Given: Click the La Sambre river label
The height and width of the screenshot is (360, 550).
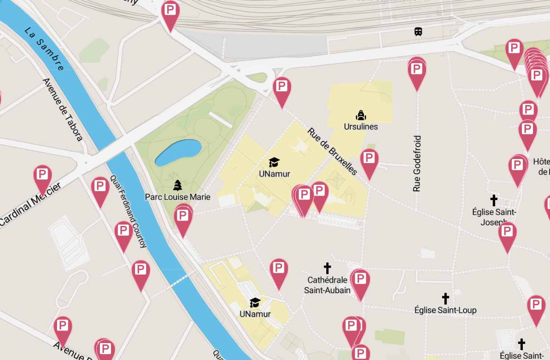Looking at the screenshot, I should coord(44,49).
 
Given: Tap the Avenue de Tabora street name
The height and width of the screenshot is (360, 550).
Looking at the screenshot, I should coord(62,110).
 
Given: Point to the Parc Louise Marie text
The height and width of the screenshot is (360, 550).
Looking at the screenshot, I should coord(177,196).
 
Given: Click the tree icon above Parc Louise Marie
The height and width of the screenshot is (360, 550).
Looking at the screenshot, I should coord(178,185).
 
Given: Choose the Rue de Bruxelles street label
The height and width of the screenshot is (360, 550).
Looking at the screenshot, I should coord(332,151).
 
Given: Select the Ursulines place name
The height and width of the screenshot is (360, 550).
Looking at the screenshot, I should coord(361,127).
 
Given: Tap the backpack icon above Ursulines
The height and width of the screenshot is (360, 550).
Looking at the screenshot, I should coord(361,115).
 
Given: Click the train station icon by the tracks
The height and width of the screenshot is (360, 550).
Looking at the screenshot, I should coord(418,32).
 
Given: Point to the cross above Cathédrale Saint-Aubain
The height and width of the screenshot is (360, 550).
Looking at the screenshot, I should coord(327,268).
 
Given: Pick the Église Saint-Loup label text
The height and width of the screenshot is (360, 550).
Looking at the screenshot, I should coord(445,310).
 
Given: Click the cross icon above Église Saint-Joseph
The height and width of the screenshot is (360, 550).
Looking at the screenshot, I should coord(493,200).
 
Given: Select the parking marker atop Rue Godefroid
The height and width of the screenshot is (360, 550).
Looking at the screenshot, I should coord(417,71).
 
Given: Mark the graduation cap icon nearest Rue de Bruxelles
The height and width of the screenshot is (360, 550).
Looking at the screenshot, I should coord(274,163).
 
